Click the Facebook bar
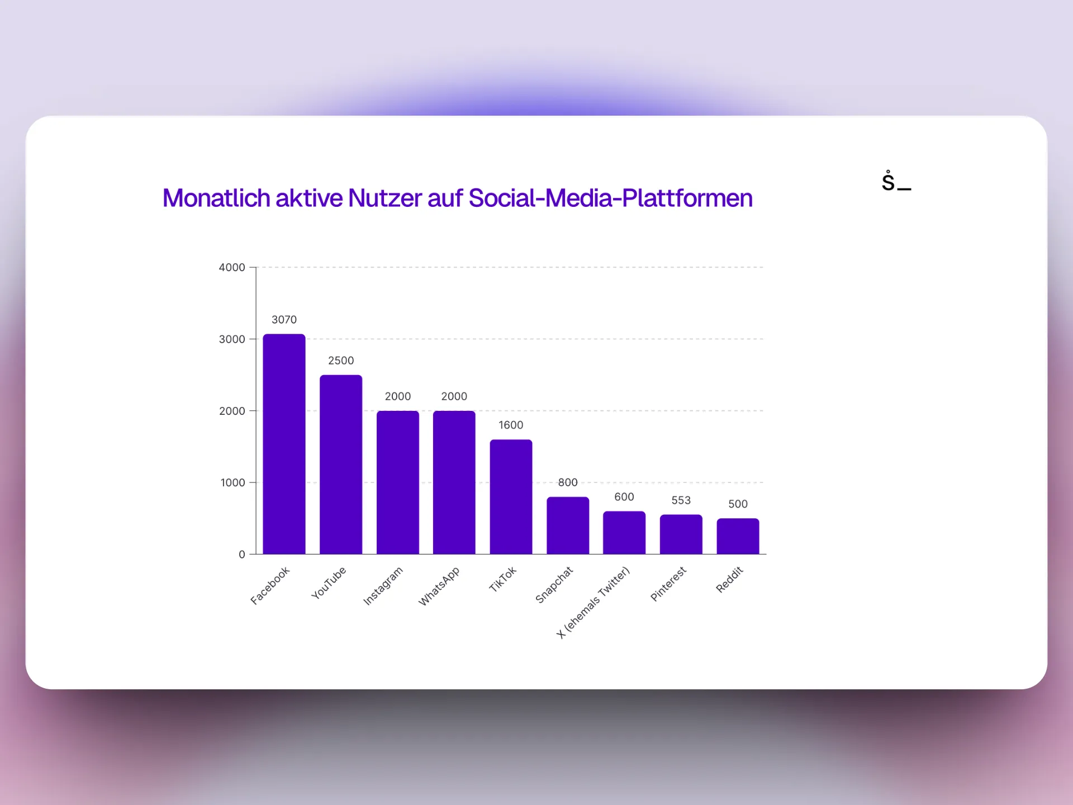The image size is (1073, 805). tap(284, 444)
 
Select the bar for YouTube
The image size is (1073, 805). tap(341, 465)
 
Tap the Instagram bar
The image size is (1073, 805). tap(397, 482)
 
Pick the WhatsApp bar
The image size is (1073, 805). tap(454, 482)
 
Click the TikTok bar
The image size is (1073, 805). tap(511, 497)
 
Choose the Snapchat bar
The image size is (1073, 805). tap(568, 525)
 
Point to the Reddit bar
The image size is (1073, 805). tap(738, 536)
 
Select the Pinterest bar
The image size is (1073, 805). tap(681, 534)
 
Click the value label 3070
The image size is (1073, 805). tap(284, 320)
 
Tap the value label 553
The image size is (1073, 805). tap(681, 500)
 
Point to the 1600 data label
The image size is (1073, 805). tap(511, 425)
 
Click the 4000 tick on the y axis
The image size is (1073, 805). tap(232, 268)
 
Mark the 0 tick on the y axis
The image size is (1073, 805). tap(242, 555)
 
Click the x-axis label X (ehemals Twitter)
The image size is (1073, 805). tap(594, 603)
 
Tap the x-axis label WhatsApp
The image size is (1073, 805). tap(439, 586)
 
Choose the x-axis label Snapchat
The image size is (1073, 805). tap(554, 585)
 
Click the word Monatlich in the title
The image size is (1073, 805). tap(216, 198)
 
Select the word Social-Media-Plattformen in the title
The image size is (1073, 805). tap(610, 198)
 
